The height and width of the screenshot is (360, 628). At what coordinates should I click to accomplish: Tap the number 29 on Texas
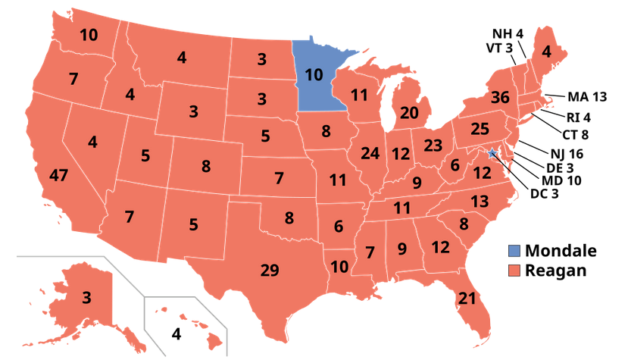tap(269, 269)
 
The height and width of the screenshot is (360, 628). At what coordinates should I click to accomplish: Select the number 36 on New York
tap(498, 98)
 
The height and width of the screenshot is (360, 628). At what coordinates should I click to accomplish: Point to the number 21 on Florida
tap(466, 298)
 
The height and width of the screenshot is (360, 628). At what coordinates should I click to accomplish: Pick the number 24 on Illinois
tap(370, 154)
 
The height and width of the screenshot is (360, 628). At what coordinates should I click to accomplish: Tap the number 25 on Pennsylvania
tap(480, 130)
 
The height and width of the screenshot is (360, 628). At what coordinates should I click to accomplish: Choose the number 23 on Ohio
tap(433, 145)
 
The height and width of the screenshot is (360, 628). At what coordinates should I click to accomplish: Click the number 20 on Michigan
tap(409, 114)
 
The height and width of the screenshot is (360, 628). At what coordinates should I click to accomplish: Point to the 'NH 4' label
tap(508, 34)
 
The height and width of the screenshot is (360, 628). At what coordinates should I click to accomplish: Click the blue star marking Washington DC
tap(493, 154)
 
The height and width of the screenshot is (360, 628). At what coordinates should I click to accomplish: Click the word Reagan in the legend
tap(557, 271)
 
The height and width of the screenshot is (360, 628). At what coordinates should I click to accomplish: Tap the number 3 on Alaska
tap(87, 297)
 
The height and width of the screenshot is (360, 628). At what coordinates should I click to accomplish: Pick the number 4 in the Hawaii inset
tap(177, 333)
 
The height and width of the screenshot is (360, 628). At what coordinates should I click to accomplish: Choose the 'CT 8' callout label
tap(574, 135)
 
